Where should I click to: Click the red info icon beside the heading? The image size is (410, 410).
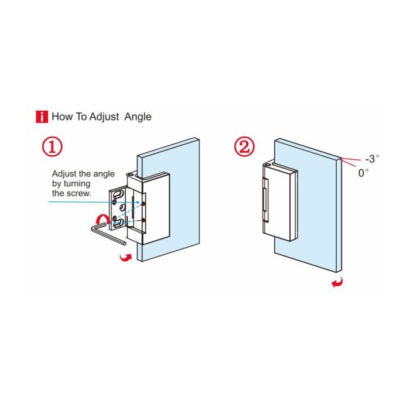click(x=42, y=117)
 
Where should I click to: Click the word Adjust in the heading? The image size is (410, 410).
click(x=104, y=117)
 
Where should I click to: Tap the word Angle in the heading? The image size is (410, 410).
click(x=138, y=117)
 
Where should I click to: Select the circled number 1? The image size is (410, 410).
click(x=53, y=147)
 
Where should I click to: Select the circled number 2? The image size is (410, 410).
click(x=244, y=147)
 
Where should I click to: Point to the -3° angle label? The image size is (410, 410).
click(x=372, y=159)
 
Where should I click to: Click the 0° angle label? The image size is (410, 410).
click(x=364, y=173)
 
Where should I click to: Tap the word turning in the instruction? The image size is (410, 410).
click(x=77, y=184)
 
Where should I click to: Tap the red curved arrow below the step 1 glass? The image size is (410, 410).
click(x=126, y=257)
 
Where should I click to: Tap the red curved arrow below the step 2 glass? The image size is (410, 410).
click(x=337, y=282)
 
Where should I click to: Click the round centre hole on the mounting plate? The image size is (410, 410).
click(x=122, y=208)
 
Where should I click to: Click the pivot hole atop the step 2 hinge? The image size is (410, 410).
click(x=267, y=165)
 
